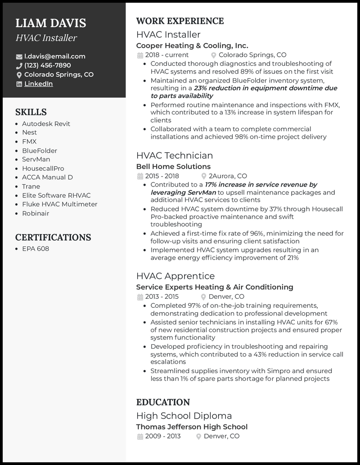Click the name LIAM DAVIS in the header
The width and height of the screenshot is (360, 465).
pyautogui.click(x=50, y=23)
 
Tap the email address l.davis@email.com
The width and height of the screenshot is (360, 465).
pyautogui.click(x=54, y=56)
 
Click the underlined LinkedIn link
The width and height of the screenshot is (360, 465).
pyautogui.click(x=38, y=84)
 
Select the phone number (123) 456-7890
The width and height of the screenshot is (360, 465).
pyautogui.click(x=47, y=65)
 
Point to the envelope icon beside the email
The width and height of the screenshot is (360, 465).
pyautogui.click(x=19, y=57)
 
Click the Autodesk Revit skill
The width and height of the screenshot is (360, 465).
pyautogui.click(x=46, y=123)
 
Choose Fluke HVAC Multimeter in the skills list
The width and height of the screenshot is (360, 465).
pyautogui.click(x=59, y=204)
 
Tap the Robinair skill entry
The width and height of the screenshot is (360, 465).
pyautogui.click(x=36, y=213)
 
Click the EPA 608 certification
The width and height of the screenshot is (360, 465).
pyautogui.click(x=36, y=249)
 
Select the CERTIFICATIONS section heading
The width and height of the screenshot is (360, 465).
pyautogui.click(x=53, y=237)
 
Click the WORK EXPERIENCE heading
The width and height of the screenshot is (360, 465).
pyautogui.click(x=180, y=21)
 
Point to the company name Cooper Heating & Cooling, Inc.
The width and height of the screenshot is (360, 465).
pyautogui.click(x=192, y=46)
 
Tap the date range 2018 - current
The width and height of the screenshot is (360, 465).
pyautogui.click(x=160, y=55)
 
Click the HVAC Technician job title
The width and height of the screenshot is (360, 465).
pyautogui.click(x=174, y=155)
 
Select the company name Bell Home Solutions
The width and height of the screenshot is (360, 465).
pyautogui.click(x=173, y=167)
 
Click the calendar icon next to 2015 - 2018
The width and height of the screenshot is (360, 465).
pyautogui.click(x=139, y=176)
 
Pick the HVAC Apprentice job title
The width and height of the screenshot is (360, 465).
pyautogui.click(x=175, y=276)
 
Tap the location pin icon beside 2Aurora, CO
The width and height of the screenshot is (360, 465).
pyautogui.click(x=205, y=176)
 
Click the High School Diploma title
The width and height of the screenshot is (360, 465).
pyautogui.click(x=184, y=415)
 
